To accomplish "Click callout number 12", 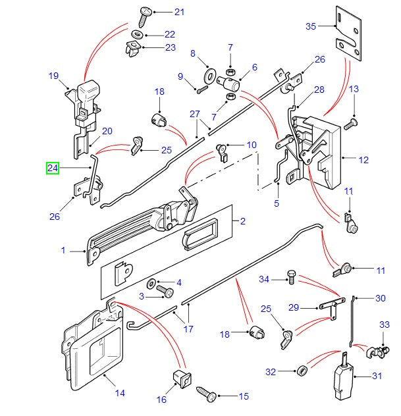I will [x=364, y=159].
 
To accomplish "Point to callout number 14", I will [x=120, y=394].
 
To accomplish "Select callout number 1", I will [x=64, y=250].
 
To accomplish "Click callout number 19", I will [x=54, y=76].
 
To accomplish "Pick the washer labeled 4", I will [x=152, y=284].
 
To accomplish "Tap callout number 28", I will [x=319, y=90].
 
